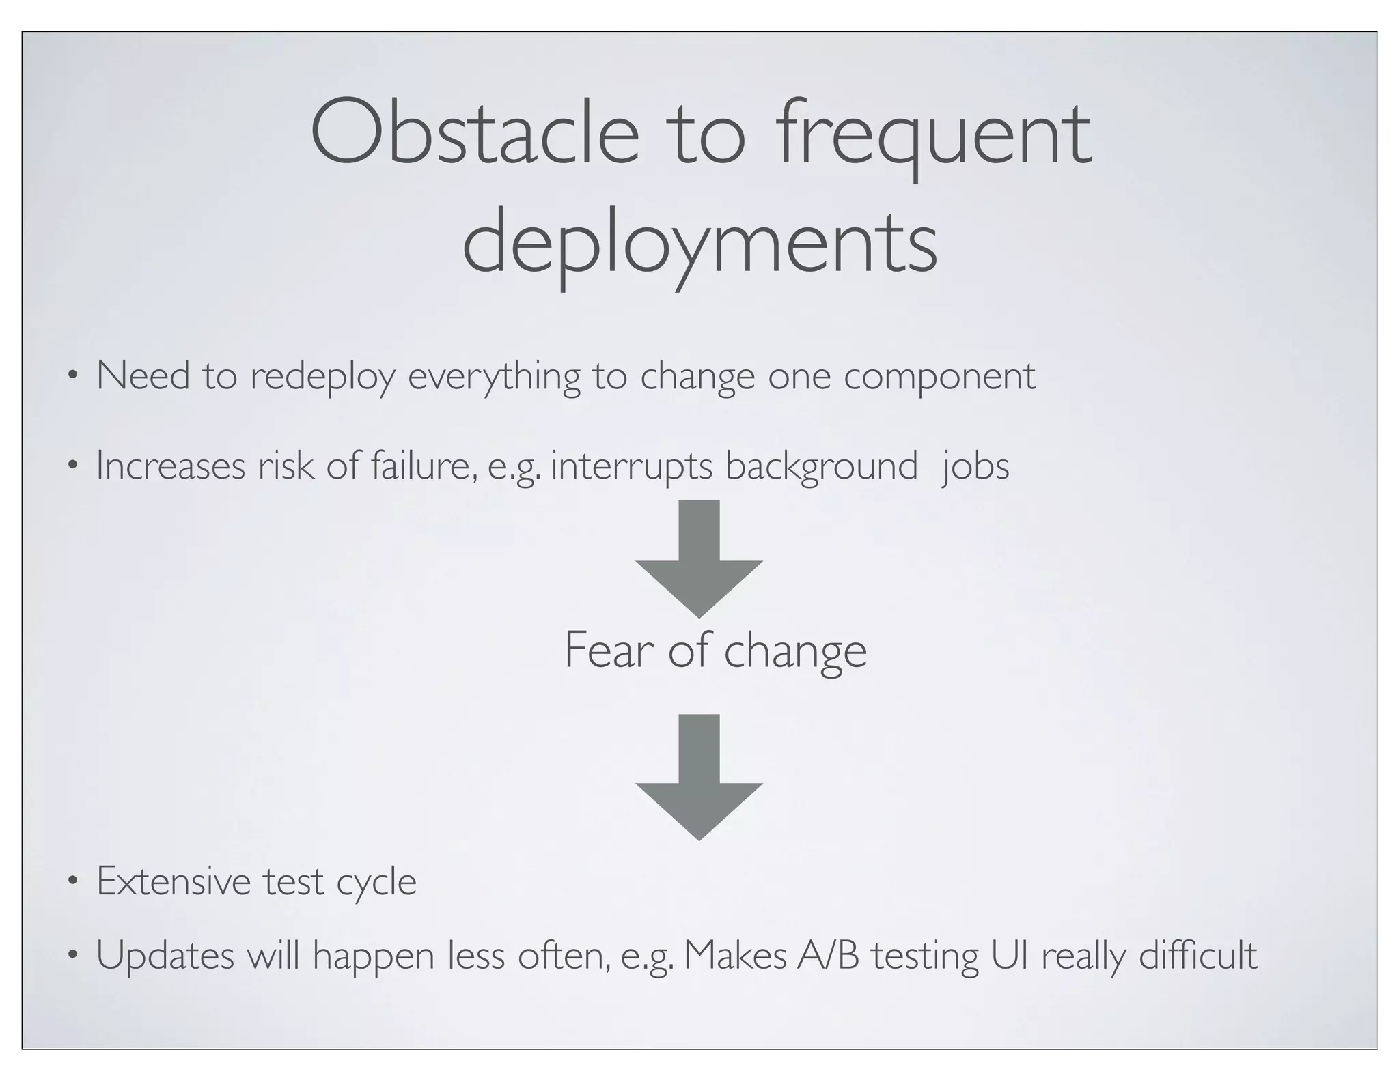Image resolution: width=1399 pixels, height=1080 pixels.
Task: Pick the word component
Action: (939, 377)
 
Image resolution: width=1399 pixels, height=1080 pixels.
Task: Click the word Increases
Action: (171, 466)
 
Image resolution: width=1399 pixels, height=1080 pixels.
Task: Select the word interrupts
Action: (631, 468)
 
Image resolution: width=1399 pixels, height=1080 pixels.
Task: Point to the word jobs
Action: (975, 468)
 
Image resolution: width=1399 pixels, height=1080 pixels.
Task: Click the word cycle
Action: (376, 883)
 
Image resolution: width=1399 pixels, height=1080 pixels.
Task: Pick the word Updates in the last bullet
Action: (165, 956)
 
